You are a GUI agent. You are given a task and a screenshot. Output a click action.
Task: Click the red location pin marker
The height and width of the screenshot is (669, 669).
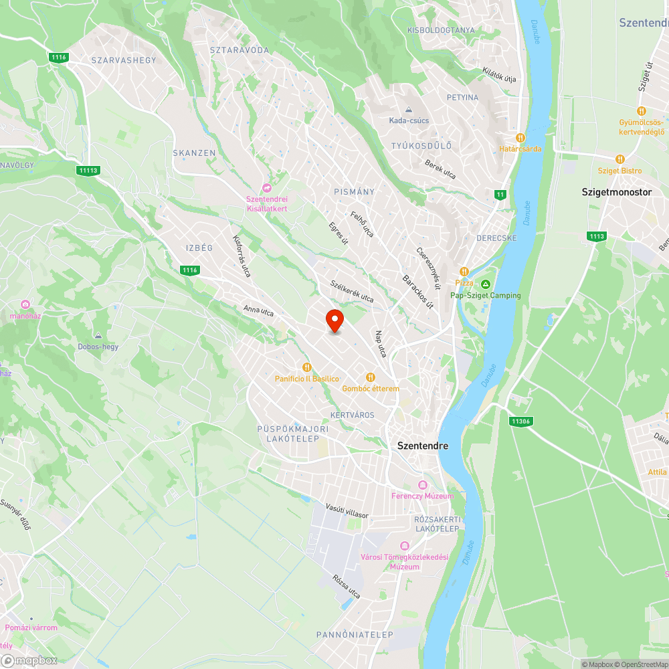(334, 320)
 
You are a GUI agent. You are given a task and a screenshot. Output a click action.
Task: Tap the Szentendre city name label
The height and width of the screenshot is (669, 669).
(423, 446)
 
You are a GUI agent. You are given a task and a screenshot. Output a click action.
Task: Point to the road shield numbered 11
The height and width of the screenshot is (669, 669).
(500, 195)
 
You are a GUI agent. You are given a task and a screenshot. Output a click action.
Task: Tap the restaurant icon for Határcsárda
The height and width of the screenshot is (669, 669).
(520, 138)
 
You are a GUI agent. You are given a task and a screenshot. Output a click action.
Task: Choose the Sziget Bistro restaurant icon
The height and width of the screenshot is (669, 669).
(619, 159)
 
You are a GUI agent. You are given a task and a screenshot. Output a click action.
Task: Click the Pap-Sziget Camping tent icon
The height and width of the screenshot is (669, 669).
(486, 284)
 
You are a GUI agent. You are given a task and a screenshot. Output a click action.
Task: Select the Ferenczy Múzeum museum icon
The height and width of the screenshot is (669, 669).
(422, 484)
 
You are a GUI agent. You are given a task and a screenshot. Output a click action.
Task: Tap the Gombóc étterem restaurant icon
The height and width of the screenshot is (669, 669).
(371, 377)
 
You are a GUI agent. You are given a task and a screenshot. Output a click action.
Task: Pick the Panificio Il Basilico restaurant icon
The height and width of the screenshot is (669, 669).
(307, 367)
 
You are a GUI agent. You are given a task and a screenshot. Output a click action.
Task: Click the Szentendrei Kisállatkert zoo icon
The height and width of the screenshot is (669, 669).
(267, 189)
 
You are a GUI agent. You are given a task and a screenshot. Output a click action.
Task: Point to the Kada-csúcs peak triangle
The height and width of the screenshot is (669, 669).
(409, 110)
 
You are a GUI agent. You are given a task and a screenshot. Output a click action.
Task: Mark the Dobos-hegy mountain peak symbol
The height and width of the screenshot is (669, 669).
(98, 335)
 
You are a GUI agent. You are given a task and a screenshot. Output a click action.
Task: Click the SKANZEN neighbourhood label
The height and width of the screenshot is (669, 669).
(194, 153)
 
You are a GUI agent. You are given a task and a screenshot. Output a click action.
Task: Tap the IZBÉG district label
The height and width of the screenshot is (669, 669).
(199, 248)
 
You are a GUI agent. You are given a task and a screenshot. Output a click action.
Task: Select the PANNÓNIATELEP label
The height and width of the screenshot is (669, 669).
(355, 634)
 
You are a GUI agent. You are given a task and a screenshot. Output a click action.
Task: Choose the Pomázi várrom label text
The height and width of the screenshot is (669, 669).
(31, 628)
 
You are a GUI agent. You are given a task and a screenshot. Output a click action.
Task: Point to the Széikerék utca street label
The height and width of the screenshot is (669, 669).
(352, 292)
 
